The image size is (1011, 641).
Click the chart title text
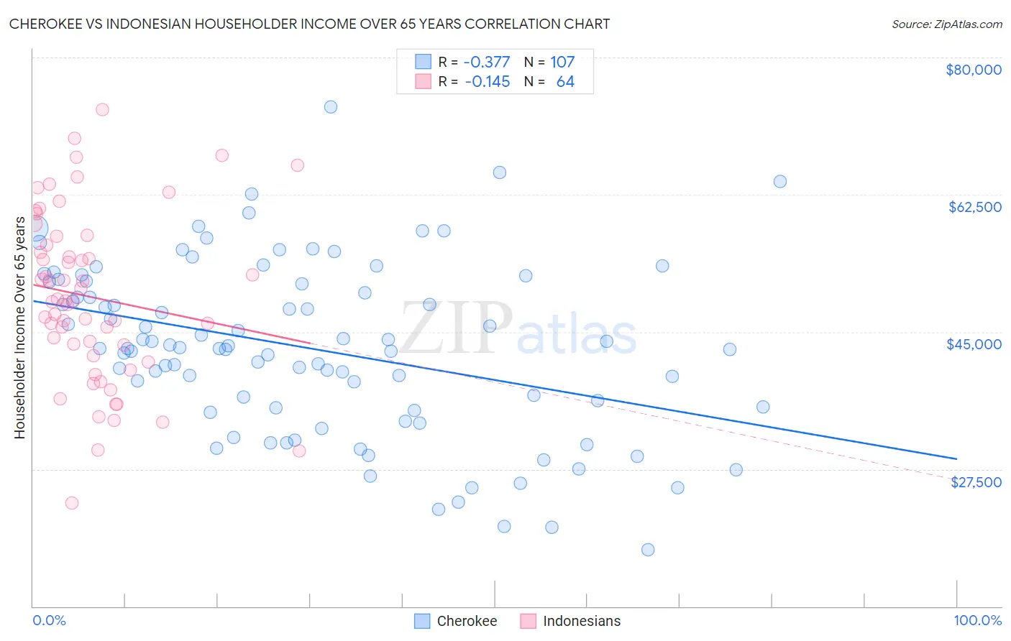click(309, 24)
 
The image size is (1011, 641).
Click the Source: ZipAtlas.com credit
click(946, 24)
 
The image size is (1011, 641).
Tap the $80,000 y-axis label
click(974, 70)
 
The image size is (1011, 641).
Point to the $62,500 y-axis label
click(974, 207)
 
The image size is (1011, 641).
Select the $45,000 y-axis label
click(974, 344)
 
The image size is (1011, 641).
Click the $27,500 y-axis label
click(976, 482)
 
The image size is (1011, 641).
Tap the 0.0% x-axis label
click(49, 620)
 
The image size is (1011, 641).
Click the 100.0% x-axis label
click(977, 620)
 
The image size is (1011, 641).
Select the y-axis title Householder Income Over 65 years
click(20, 327)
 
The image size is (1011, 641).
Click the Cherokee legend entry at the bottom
click(457, 621)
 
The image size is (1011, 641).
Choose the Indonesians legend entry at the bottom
click(570, 621)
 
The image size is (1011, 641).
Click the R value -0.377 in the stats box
click(487, 63)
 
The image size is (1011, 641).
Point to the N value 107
click(562, 63)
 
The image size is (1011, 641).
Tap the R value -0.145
click(487, 82)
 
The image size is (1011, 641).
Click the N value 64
click(565, 82)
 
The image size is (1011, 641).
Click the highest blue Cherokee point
click(331, 107)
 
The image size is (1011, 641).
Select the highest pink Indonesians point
click(102, 110)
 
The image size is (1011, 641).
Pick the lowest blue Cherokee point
click(648, 550)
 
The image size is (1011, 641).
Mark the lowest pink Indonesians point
click(72, 503)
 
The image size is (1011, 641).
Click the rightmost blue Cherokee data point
click(780, 182)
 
